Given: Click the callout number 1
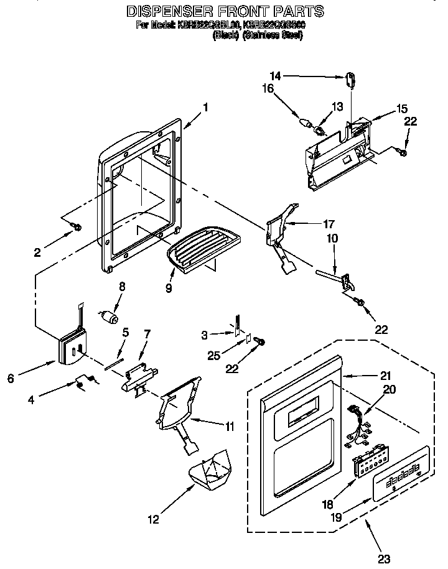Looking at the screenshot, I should pyautogui.click(x=205, y=106).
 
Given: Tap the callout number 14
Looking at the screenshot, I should pyautogui.click(x=276, y=76).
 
